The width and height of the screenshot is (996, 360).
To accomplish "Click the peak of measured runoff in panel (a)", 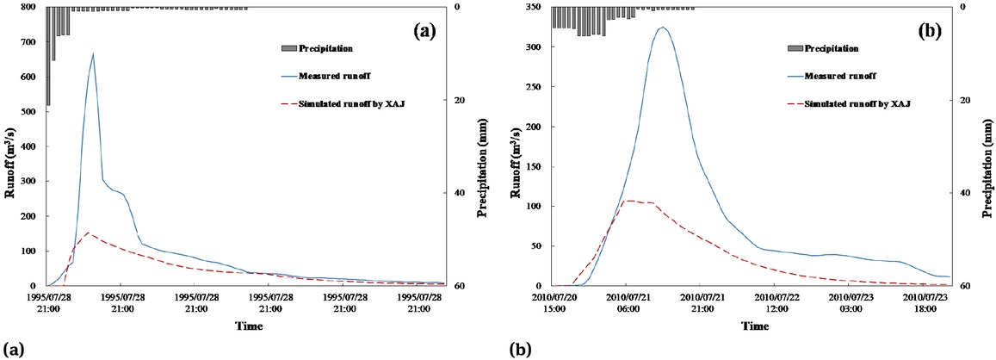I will click(93, 53).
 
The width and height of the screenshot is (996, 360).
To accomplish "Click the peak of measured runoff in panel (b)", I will click(662, 28).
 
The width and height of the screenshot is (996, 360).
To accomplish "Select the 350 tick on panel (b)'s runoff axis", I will click(536, 8).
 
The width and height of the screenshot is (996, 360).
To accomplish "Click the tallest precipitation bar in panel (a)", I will click(48, 56).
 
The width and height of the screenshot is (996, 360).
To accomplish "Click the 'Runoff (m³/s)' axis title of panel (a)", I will click(9, 146).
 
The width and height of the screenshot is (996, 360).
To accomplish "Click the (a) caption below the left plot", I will click(12, 349).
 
